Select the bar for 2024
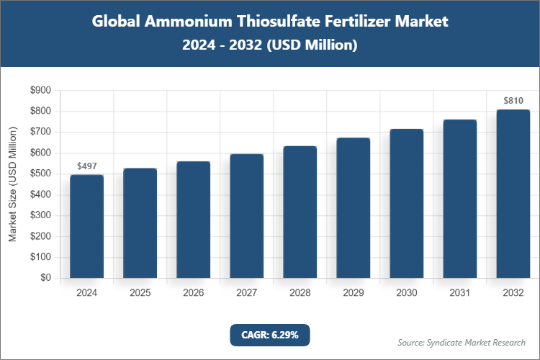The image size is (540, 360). (x=86, y=226)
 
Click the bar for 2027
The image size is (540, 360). (x=246, y=215)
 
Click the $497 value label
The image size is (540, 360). (x=86, y=166)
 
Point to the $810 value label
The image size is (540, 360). (x=513, y=100)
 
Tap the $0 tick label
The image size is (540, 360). (x=45, y=278)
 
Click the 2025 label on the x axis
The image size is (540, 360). (x=140, y=293)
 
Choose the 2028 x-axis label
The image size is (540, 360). (x=300, y=293)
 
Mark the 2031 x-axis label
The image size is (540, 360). (x=459, y=293)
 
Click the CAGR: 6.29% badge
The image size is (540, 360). (x=269, y=335)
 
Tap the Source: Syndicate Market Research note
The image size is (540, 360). (x=461, y=342)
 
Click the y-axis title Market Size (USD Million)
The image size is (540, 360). (x=13, y=184)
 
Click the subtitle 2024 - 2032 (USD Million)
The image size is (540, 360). (x=270, y=45)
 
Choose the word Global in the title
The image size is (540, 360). (x=117, y=22)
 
